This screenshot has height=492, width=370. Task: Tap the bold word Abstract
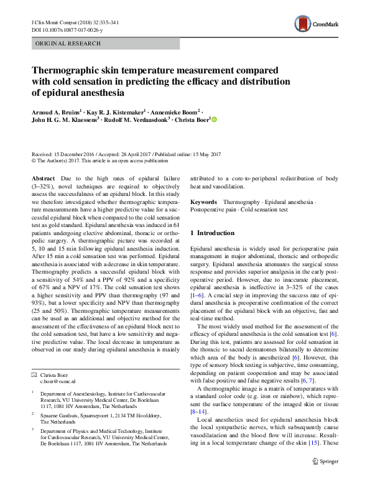point(43,179)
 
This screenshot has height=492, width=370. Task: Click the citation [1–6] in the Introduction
point(198,301)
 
